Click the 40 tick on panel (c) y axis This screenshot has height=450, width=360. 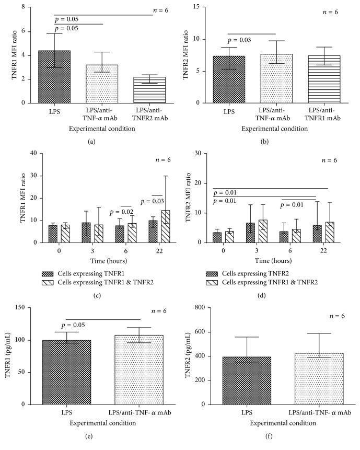pos(32,153)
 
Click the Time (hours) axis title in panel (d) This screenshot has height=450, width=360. pos(269,260)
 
